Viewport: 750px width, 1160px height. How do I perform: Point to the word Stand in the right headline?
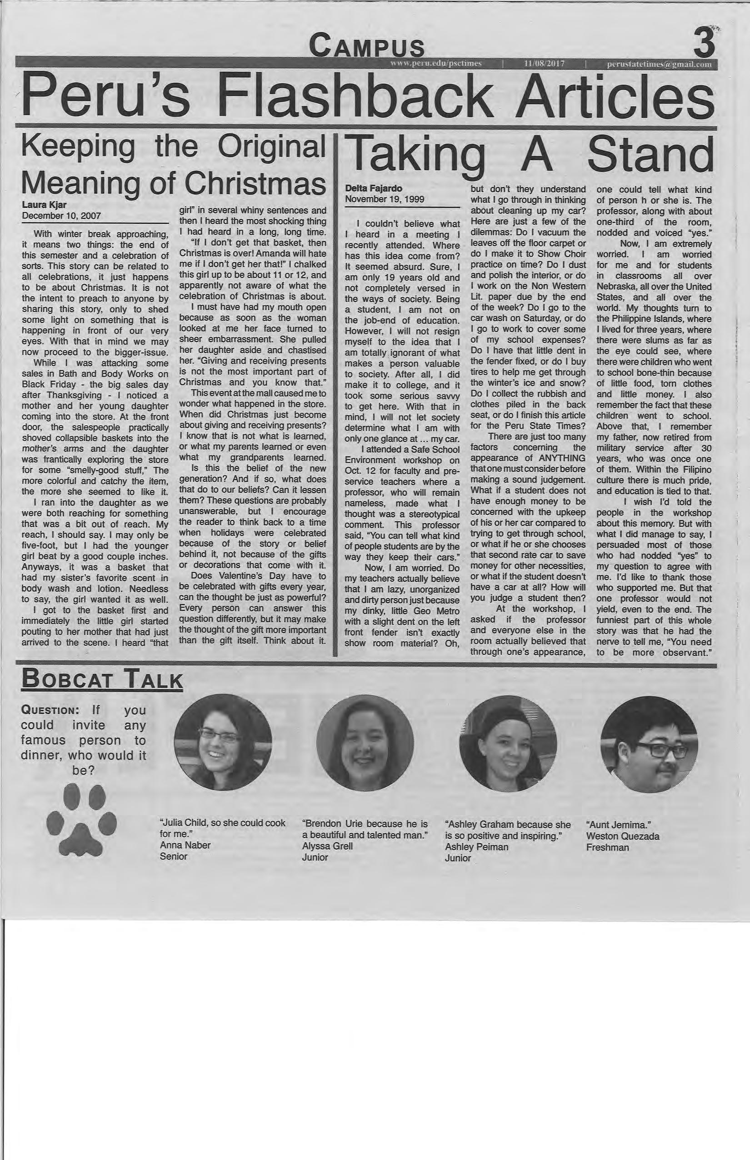point(650,154)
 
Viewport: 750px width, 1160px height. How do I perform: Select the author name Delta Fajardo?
point(367,189)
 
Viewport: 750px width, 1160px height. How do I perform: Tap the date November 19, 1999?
point(384,199)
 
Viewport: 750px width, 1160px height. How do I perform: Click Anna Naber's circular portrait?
point(223,742)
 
